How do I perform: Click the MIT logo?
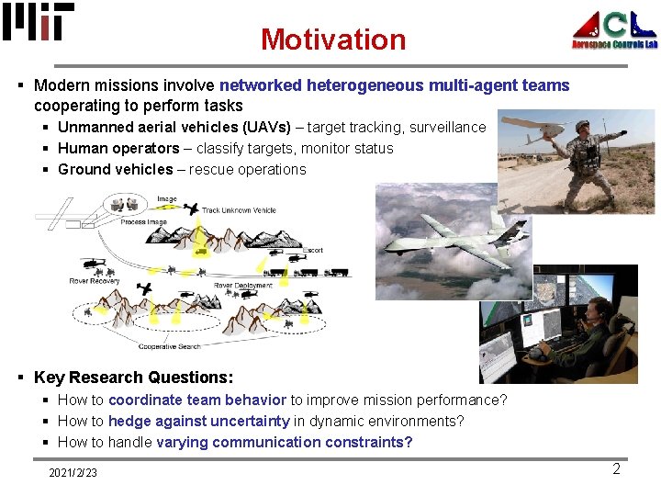[x=38, y=22]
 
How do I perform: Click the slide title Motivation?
[x=332, y=39]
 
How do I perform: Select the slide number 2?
[x=616, y=469]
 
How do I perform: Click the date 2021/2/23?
[x=73, y=472]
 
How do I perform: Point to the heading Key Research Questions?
[x=133, y=378]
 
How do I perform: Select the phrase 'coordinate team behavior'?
[x=197, y=400]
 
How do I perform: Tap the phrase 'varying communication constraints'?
[x=284, y=442]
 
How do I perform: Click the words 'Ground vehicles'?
[x=115, y=169]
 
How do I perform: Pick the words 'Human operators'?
[x=118, y=148]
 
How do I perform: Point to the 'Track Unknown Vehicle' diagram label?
[x=239, y=210]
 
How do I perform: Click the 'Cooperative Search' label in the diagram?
[x=170, y=346]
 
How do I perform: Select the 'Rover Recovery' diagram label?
[x=95, y=280]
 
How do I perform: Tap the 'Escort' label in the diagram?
[x=312, y=250]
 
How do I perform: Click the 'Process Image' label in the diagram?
[x=143, y=222]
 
